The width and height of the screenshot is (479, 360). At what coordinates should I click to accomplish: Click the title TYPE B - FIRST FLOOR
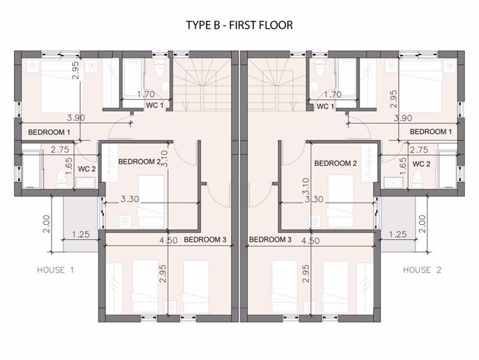239,25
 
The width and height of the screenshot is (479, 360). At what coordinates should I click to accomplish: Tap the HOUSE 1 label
56,270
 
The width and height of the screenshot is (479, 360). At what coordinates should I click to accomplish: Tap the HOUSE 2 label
423,270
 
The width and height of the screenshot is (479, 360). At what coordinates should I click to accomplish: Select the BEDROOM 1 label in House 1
49,132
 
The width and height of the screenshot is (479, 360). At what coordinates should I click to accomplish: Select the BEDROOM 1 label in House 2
431,131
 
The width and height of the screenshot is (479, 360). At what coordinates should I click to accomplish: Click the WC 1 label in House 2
325,107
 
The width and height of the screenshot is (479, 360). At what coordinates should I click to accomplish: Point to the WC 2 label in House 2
422,164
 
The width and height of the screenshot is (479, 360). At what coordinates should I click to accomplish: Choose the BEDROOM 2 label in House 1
139,162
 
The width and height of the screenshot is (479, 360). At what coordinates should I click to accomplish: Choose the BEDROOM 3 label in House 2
270,240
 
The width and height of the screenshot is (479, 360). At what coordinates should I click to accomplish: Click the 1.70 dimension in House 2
333,95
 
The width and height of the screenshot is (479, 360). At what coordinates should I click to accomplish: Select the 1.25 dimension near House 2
398,234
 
